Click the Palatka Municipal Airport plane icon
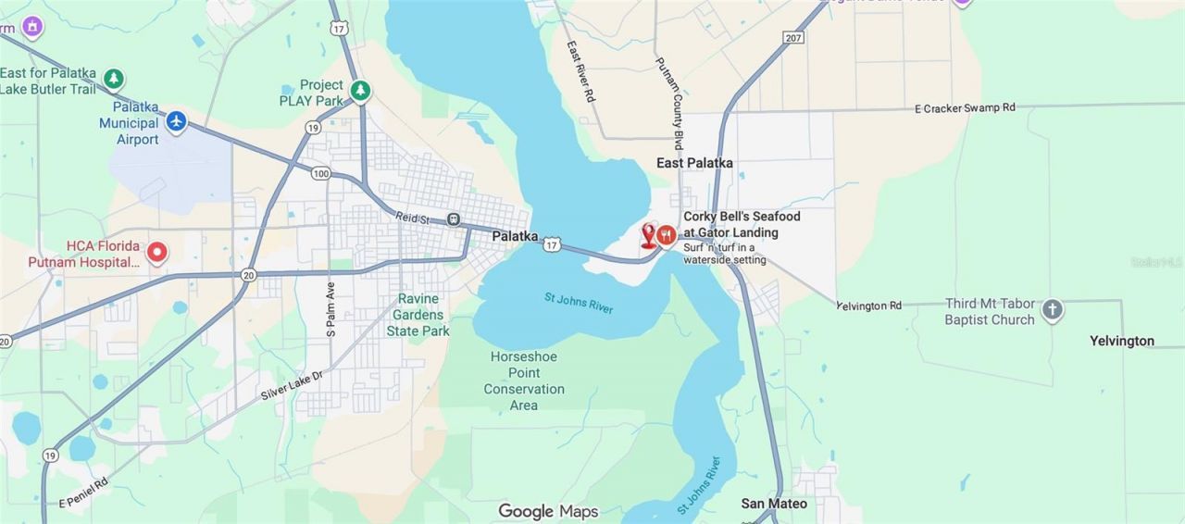(x=177, y=120)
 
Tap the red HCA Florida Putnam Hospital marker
(x=157, y=251)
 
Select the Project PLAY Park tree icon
(x=361, y=90)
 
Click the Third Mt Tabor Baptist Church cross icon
(x=1052, y=310)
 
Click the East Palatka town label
(x=694, y=163)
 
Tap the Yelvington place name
(x=1121, y=341)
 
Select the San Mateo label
(x=774, y=504)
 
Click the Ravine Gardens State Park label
(x=418, y=315)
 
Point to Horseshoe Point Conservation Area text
(x=524, y=381)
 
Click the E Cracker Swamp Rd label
(x=965, y=108)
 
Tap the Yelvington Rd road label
(x=868, y=306)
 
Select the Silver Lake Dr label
(x=292, y=385)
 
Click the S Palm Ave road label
(x=331, y=308)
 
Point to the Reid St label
(x=414, y=218)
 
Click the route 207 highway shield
(x=792, y=37)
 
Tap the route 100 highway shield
(x=321, y=173)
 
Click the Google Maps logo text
(x=548, y=511)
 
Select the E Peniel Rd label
(x=83, y=493)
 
